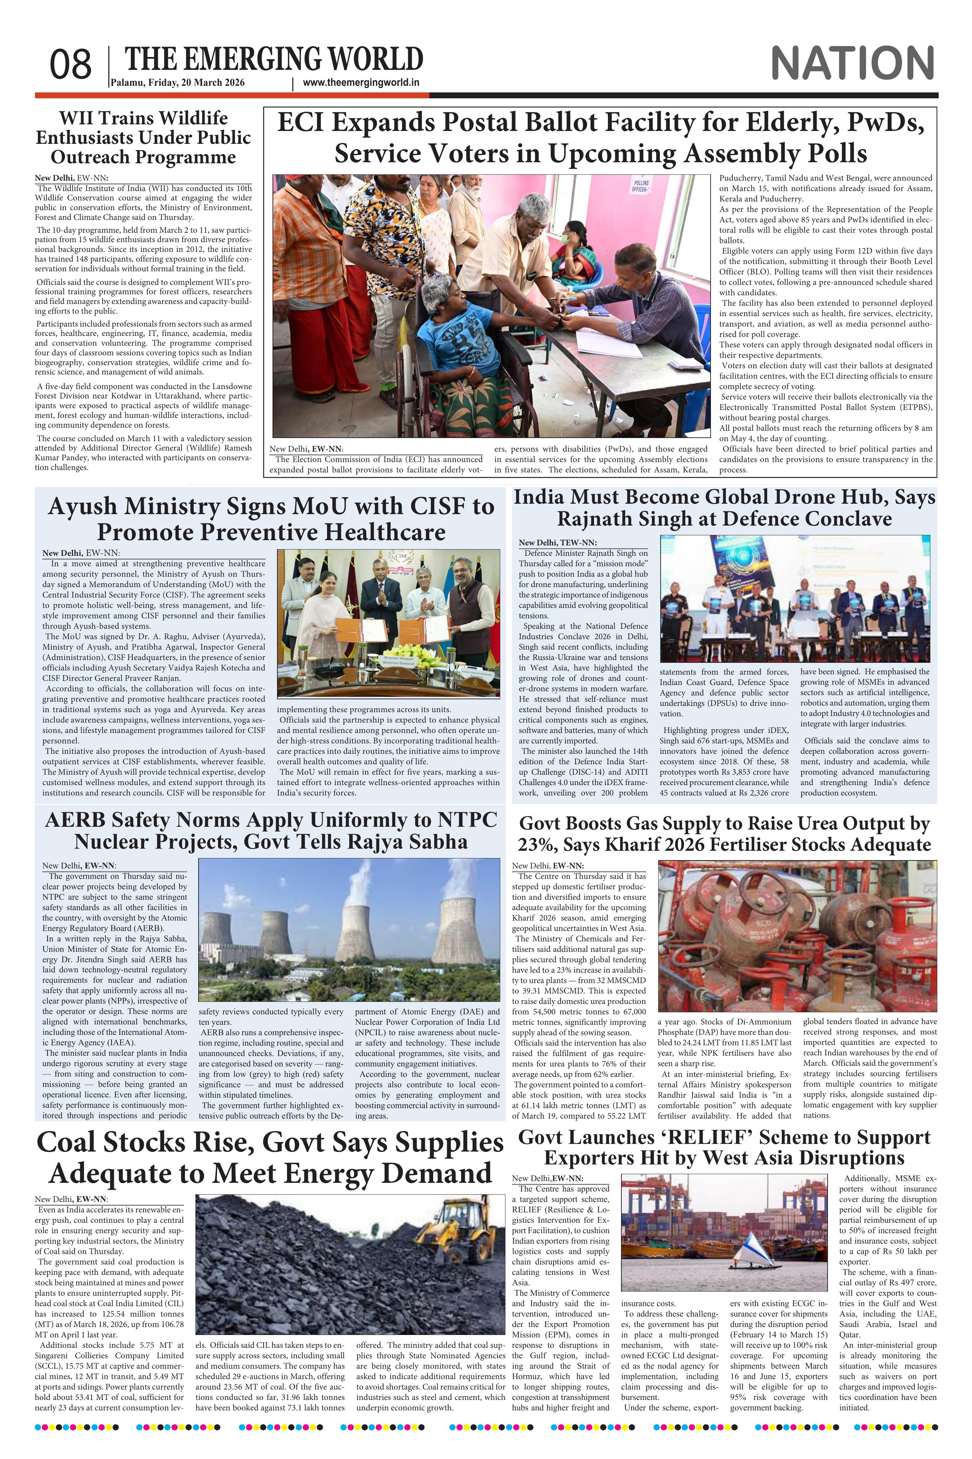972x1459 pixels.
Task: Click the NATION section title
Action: point(852,63)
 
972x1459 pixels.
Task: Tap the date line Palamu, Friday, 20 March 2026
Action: point(178,83)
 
